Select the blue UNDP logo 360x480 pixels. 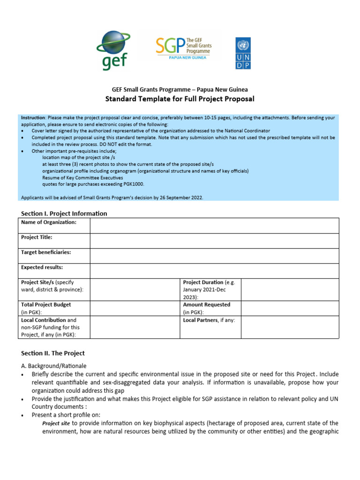pos(243,53)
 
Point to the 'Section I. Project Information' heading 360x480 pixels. pos(64,213)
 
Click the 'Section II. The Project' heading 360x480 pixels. pos(53,353)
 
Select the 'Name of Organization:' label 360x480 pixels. pos(49,222)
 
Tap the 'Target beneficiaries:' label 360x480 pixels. pos(46,252)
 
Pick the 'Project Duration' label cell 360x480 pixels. pos(210,290)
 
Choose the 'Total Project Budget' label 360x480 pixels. pos(46,305)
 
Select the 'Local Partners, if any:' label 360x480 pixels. pos(209,320)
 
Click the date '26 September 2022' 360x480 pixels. pos(180,198)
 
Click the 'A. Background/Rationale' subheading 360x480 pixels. pos(54,366)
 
